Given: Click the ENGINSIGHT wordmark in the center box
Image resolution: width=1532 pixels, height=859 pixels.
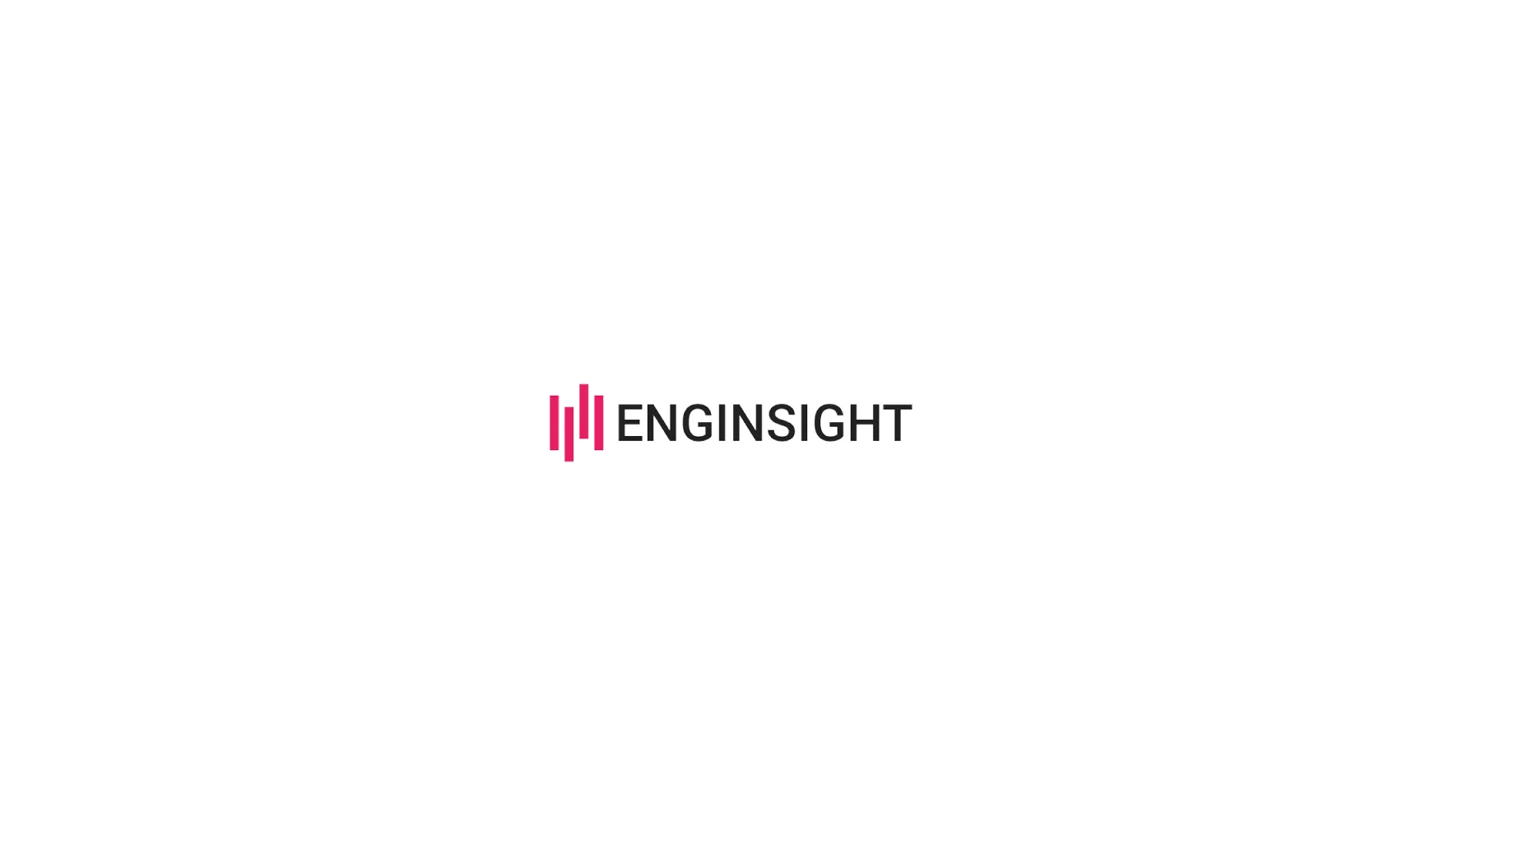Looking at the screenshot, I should pyautogui.click(x=764, y=423).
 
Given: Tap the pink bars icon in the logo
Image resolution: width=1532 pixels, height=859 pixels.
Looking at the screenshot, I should pyautogui.click(x=576, y=421).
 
